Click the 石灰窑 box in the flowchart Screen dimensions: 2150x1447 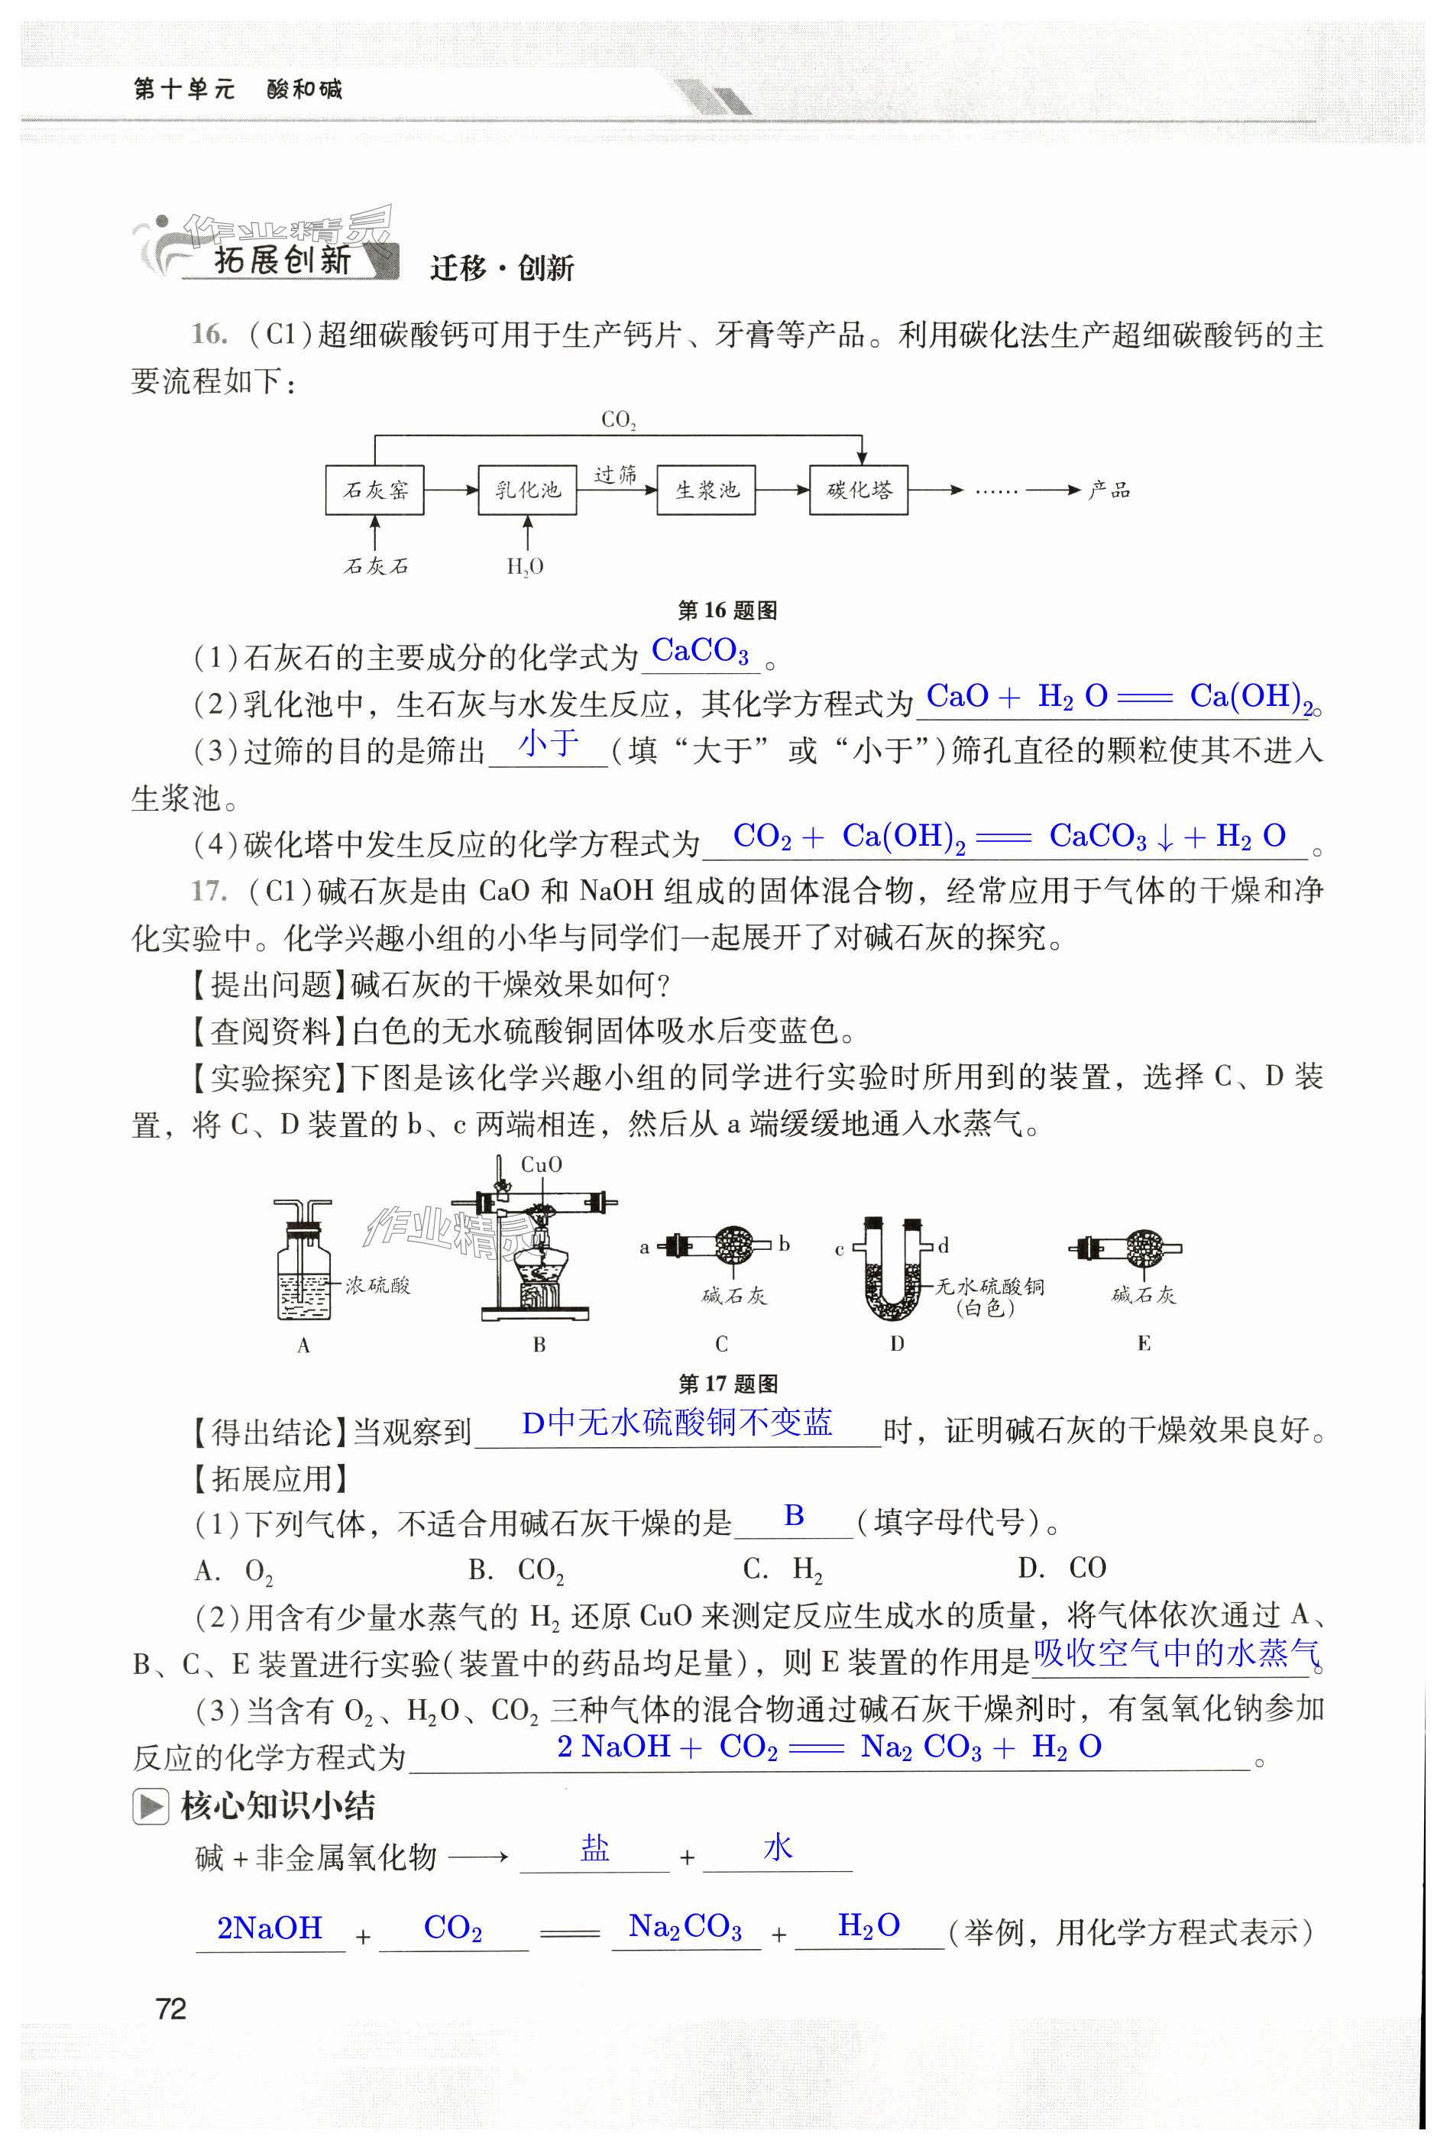point(374,489)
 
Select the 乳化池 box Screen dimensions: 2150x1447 point(527,489)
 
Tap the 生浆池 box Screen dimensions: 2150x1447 point(706,489)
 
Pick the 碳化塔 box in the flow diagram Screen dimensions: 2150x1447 point(858,489)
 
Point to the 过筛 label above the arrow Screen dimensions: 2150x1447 point(616,475)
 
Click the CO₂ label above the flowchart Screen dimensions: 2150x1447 point(618,420)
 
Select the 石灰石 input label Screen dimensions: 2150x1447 point(376,565)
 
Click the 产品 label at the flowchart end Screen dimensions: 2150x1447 point(1109,490)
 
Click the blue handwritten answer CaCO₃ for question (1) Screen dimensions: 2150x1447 point(700,652)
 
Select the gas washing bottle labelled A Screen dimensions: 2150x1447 point(303,1264)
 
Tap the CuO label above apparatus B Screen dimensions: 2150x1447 point(541,1164)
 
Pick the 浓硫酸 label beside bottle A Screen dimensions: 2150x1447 point(377,1284)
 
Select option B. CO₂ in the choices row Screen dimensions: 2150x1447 point(516,1569)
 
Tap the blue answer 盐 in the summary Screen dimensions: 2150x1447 point(594,1847)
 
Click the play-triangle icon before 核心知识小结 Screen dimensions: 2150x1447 point(150,1806)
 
